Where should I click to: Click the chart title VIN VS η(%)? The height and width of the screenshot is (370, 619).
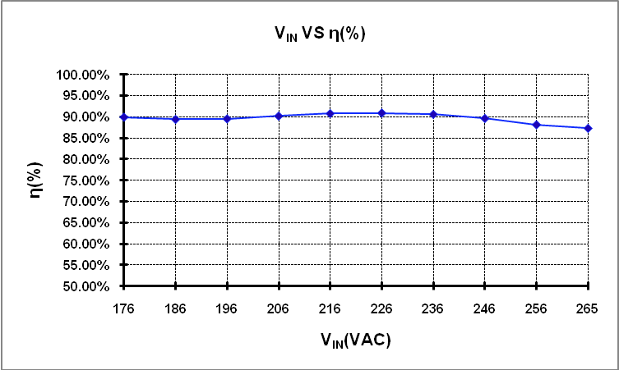(x=320, y=34)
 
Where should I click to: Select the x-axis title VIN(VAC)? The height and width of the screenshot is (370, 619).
(x=355, y=339)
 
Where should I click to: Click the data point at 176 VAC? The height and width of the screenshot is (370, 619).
(x=123, y=117)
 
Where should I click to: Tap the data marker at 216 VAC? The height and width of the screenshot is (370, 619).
(x=330, y=113)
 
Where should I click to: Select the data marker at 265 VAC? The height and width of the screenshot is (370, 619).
(x=588, y=128)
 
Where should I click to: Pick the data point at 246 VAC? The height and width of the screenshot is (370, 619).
(x=485, y=118)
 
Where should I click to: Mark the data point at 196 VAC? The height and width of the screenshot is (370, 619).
(x=227, y=119)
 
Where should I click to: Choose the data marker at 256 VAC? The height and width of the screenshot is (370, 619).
(x=537, y=125)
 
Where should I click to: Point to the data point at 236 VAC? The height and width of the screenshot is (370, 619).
(x=433, y=114)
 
